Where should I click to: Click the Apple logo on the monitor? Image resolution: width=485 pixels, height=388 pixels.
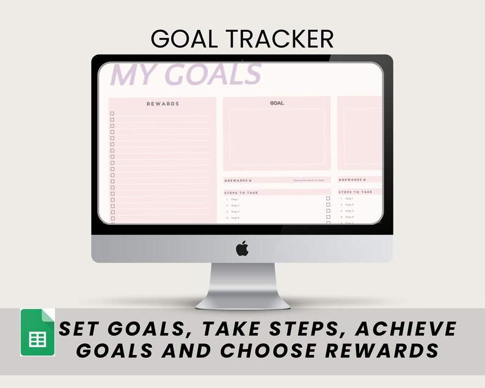242,249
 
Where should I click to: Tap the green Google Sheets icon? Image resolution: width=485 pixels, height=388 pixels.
38,332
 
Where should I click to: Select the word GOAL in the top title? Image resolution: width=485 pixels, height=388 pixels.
185,39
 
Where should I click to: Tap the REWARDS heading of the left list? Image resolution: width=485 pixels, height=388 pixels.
162,104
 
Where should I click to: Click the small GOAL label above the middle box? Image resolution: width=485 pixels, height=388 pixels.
277,103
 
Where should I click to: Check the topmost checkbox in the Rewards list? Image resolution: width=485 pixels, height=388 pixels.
112,114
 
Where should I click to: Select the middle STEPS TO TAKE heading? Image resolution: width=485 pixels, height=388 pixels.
241,192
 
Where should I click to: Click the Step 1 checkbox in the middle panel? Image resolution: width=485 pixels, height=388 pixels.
328,199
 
